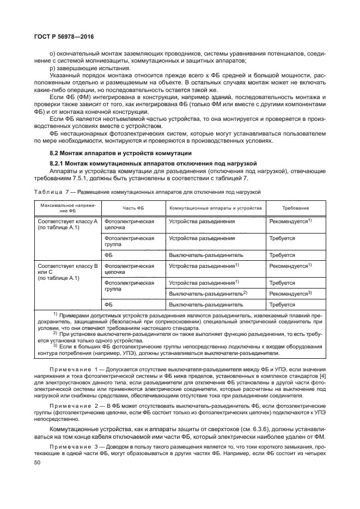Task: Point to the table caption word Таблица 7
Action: pos(53,192)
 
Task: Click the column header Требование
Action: pos(295,208)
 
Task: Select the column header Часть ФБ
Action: pos(133,208)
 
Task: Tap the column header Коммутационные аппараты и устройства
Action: pos(216,208)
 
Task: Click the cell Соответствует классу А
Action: pos(67,222)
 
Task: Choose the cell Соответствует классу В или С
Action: pos(67,269)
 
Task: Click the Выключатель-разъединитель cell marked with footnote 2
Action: pos(208,293)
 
